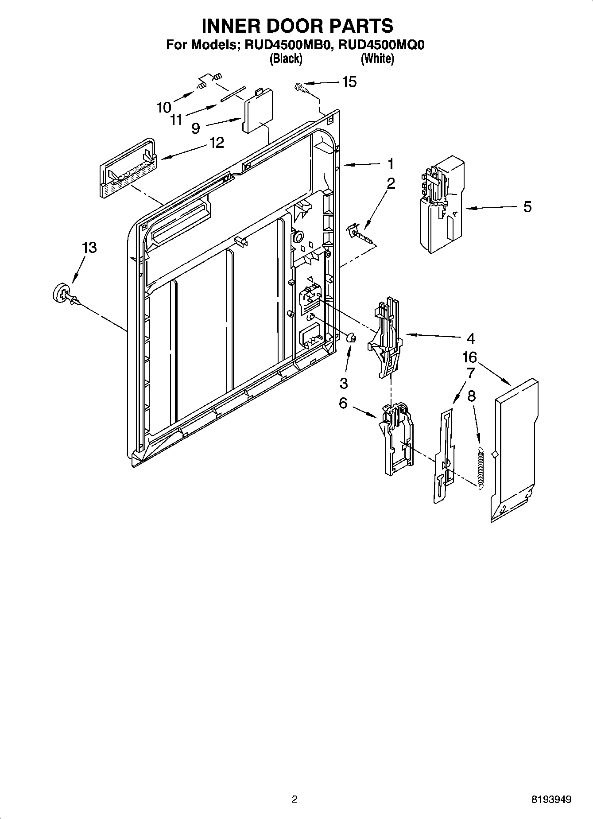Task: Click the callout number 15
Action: pos(349,82)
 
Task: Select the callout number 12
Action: pos(217,143)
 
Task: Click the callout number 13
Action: pos(89,248)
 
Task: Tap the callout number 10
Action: pos(164,107)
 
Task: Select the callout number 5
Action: pos(527,207)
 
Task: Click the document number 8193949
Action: pos(551,800)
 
